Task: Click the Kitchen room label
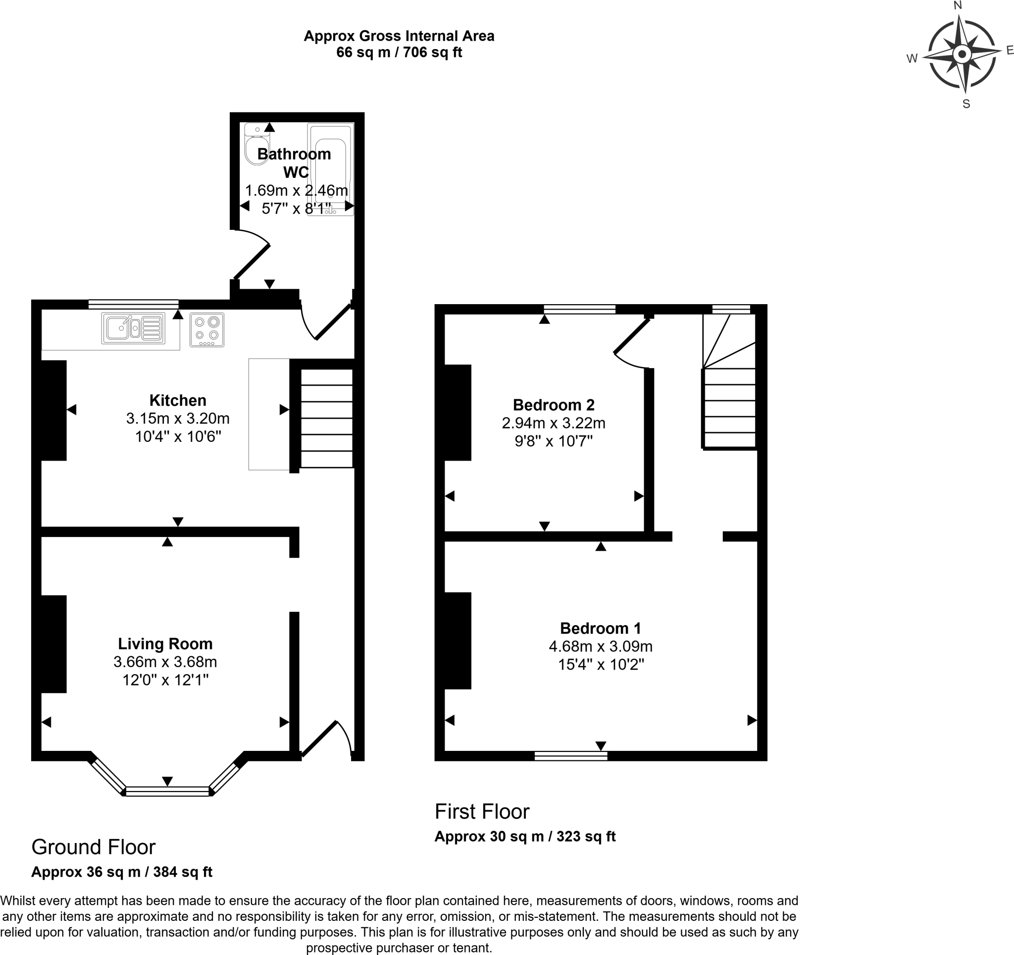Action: click(178, 400)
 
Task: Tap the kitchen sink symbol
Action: click(133, 328)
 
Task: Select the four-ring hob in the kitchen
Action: click(207, 329)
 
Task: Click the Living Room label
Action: click(165, 644)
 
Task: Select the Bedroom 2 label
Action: click(554, 405)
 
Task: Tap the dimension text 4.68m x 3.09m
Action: click(601, 646)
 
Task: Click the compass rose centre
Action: click(962, 54)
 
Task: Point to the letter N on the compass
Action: click(958, 5)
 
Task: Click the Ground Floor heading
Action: click(94, 847)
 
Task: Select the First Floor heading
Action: click(482, 811)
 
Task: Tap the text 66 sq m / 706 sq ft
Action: click(399, 53)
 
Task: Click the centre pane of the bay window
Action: click(167, 791)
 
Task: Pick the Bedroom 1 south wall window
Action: click(571, 756)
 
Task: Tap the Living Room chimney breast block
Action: click(53, 644)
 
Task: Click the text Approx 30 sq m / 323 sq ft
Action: click(525, 837)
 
